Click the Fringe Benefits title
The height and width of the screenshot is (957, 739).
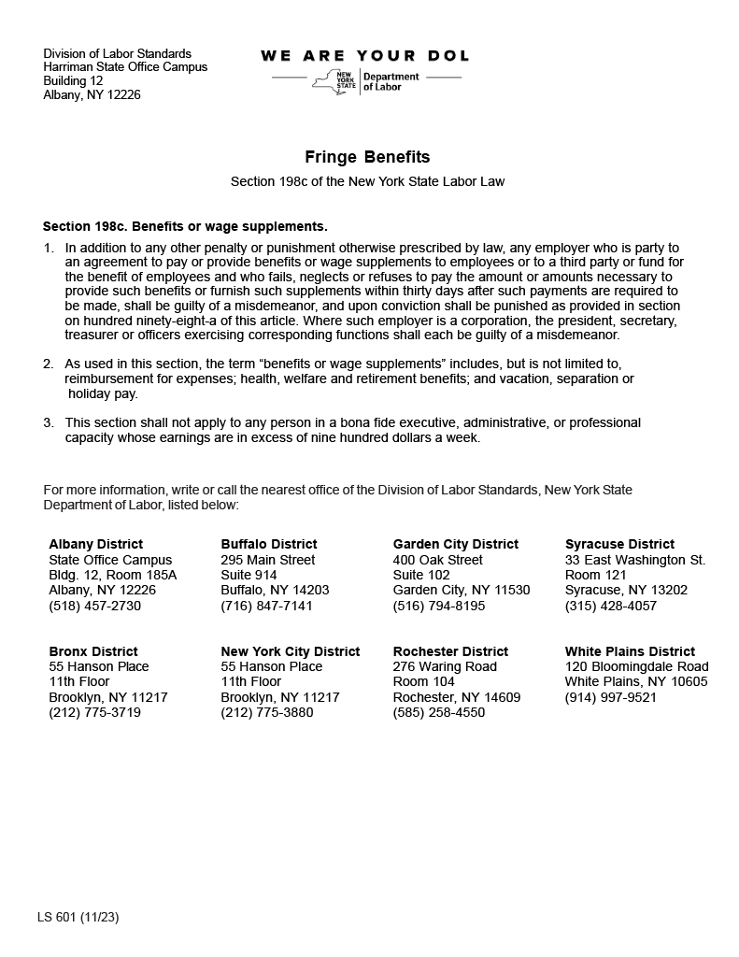[x=367, y=157]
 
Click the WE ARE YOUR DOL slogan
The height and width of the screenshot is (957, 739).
[x=365, y=56]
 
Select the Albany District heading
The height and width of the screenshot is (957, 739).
[x=95, y=544]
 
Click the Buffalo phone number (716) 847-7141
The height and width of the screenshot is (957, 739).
[x=266, y=606]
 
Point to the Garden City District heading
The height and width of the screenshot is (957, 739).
[x=455, y=544]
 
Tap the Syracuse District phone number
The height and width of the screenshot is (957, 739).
[x=610, y=606]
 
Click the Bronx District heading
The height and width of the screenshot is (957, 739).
[x=93, y=651]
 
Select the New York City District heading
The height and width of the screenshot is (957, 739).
[x=290, y=651]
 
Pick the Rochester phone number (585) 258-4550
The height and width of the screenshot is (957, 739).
[x=438, y=712]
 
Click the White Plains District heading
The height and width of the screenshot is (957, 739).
[x=630, y=651]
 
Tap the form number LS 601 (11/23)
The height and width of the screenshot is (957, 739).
[x=78, y=917]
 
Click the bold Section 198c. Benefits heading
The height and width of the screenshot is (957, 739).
[x=185, y=226]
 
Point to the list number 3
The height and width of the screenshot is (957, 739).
[x=48, y=422]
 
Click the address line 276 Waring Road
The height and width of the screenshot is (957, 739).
[x=445, y=666]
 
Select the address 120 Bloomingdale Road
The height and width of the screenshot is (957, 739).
[x=636, y=666]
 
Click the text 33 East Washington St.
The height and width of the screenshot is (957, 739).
[x=634, y=560]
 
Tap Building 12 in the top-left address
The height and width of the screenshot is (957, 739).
[x=73, y=81]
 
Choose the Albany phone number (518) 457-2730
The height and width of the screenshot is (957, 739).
[x=94, y=606]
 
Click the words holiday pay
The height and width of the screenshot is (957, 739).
[x=103, y=393]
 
